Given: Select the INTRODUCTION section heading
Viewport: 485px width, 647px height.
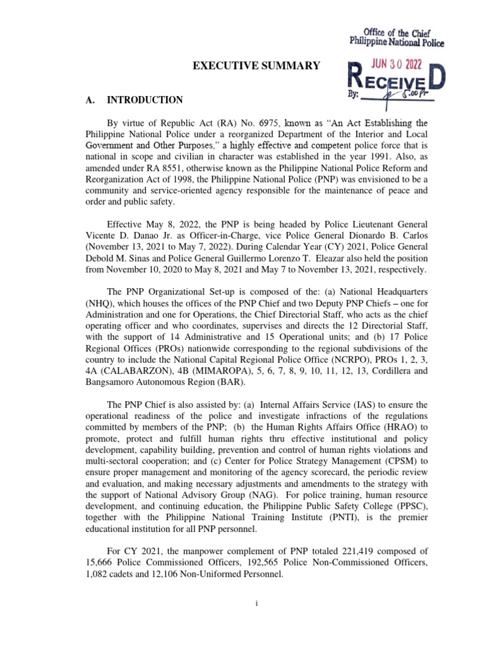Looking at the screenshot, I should [x=145, y=100].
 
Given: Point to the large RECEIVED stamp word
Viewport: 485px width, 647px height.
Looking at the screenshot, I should [x=397, y=83].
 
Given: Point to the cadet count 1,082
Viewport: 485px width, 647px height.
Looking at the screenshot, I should [x=99, y=576].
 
